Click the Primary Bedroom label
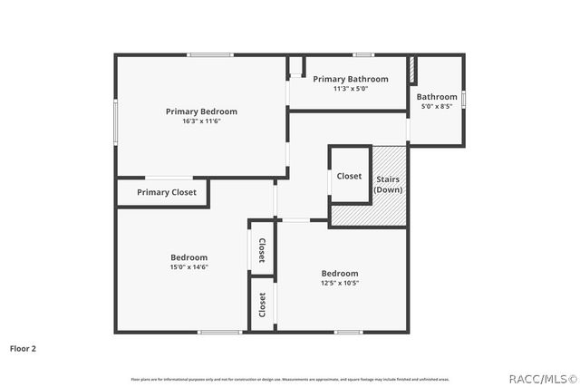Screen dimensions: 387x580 [201, 111]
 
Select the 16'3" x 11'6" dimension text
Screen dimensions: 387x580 [201, 121]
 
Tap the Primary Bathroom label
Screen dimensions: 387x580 [351, 79]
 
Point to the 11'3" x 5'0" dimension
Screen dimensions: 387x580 [351, 89]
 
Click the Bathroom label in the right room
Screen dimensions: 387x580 [437, 96]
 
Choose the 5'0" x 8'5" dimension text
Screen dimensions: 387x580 [437, 106]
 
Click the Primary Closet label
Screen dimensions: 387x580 [166, 192]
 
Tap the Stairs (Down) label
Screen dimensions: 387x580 [388, 185]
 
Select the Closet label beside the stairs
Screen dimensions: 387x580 [349, 176]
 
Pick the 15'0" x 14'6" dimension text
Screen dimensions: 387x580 [189, 267]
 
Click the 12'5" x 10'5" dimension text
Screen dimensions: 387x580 [340, 283]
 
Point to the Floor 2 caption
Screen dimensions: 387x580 [23, 347]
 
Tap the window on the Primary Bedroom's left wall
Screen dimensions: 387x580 [115, 121]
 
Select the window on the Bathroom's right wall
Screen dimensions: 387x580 [463, 98]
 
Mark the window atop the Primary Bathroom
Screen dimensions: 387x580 [363, 55]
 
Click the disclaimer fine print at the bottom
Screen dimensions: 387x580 [289, 379]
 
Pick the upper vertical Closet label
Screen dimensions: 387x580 [262, 250]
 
